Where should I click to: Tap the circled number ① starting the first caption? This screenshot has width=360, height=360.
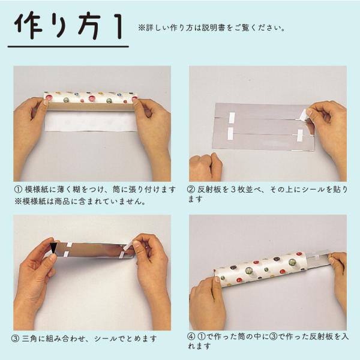(18, 190)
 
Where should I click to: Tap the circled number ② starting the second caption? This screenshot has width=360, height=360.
(191, 190)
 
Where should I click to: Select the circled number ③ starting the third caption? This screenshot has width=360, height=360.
(15, 339)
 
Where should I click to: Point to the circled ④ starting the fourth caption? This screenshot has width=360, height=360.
(191, 337)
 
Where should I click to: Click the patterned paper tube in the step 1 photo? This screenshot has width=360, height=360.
(90, 98)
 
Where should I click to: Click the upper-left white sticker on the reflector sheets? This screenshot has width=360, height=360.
(231, 117)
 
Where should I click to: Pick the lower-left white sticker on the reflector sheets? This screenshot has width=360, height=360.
(230, 133)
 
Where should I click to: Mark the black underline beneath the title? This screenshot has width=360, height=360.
(68, 47)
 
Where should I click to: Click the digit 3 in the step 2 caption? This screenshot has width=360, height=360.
(235, 190)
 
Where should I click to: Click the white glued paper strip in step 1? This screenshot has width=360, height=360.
(90, 122)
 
